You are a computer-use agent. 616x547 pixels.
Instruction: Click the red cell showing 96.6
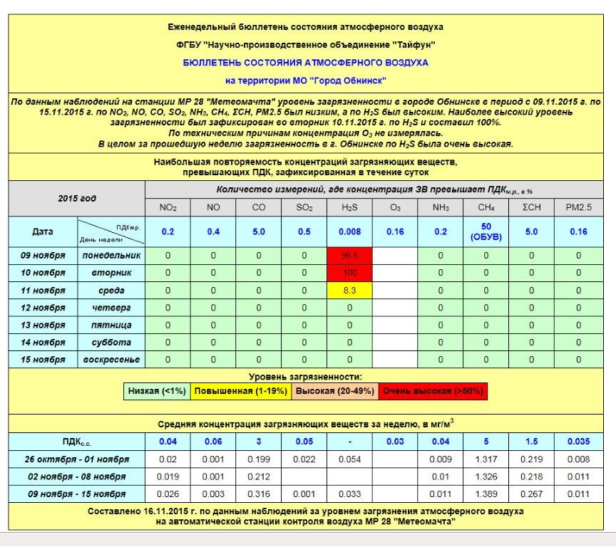[349, 255]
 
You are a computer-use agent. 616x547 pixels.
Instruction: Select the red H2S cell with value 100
[349, 273]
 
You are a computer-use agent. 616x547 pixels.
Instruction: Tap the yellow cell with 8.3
[349, 291]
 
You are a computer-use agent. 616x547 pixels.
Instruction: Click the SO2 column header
[304, 207]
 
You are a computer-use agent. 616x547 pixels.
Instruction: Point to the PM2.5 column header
[578, 207]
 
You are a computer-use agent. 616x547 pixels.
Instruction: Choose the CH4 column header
[486, 207]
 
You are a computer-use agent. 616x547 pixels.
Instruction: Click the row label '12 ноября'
[42, 308]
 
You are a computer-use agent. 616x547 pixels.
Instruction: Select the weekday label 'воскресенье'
[111, 360]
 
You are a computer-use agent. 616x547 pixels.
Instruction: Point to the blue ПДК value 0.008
[349, 231]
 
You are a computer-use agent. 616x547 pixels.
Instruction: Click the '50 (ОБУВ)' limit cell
[486, 231]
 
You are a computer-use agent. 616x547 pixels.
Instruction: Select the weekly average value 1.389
[486, 494]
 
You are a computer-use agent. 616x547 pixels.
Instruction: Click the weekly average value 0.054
[349, 459]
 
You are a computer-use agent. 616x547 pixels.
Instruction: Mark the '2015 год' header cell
[76, 199]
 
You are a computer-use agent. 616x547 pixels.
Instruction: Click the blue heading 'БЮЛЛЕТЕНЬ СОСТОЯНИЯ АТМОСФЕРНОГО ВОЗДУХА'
[306, 63]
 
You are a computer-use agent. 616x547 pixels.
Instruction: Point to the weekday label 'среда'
[111, 291]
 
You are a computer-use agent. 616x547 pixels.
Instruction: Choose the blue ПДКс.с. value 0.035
[578, 442]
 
